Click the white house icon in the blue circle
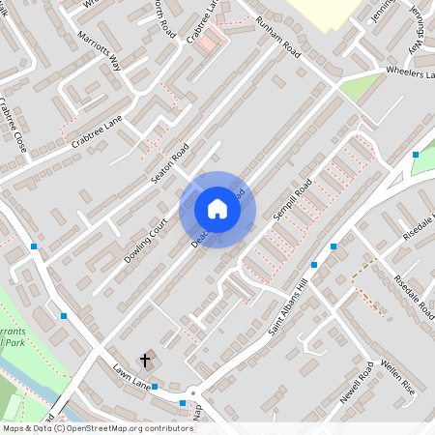point(217,209)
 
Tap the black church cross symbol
point(145,361)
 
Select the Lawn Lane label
point(130,378)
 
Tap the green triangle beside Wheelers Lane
point(360,86)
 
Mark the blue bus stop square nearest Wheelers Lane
point(416,155)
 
